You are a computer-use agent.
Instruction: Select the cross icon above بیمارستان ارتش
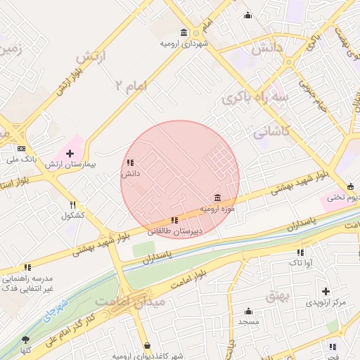(x=70, y=153)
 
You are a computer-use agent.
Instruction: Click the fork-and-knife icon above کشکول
(x=72, y=205)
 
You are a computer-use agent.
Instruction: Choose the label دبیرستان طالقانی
(x=174, y=231)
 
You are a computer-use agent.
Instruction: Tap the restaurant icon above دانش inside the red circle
(x=130, y=163)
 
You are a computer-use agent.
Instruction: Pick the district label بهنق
(x=276, y=297)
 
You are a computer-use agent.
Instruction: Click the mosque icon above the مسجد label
(x=248, y=311)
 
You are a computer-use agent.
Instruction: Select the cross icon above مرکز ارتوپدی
(x=326, y=291)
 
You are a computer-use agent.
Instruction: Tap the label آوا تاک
(x=300, y=262)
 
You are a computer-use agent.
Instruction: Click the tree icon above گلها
(x=25, y=340)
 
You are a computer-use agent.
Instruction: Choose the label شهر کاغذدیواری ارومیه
(x=148, y=355)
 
